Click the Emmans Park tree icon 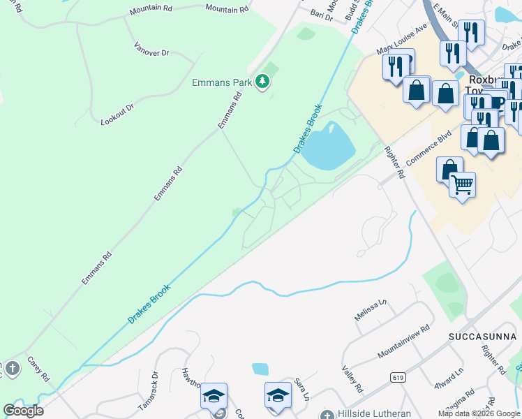pyautogui.click(x=262, y=82)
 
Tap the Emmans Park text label pyautogui.click(x=222, y=82)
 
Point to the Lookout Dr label pyautogui.click(x=117, y=111)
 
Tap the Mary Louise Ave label pyautogui.click(x=401, y=41)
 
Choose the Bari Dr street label pyautogui.click(x=322, y=15)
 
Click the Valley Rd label pyautogui.click(x=352, y=379)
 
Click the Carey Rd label pyautogui.click(x=38, y=369)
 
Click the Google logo pyautogui.click(x=23, y=411)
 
